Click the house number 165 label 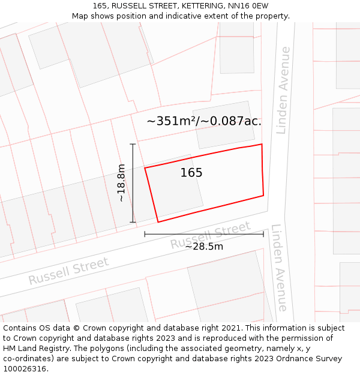coord(191,173)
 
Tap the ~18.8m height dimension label coord(121,182)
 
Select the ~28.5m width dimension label coord(204,247)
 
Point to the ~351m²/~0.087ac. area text coord(204,121)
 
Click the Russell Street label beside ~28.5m coord(210,235)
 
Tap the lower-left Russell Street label coord(68,271)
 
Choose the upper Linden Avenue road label coord(283,90)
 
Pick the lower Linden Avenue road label coord(279,268)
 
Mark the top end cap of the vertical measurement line coord(133,144)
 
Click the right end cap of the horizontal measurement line coord(263,234)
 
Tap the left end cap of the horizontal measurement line coord(145,234)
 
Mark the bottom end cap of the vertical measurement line coord(133,223)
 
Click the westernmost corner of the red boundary coord(145,168)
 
